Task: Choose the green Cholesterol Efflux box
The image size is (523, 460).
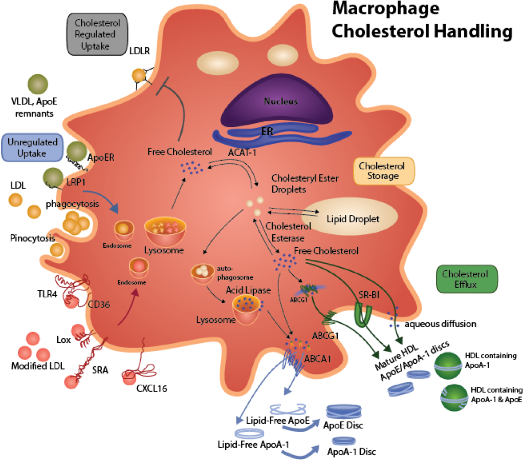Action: [x=466, y=279]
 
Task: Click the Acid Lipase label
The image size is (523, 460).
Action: [x=248, y=290]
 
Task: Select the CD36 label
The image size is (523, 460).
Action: [x=100, y=304]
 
